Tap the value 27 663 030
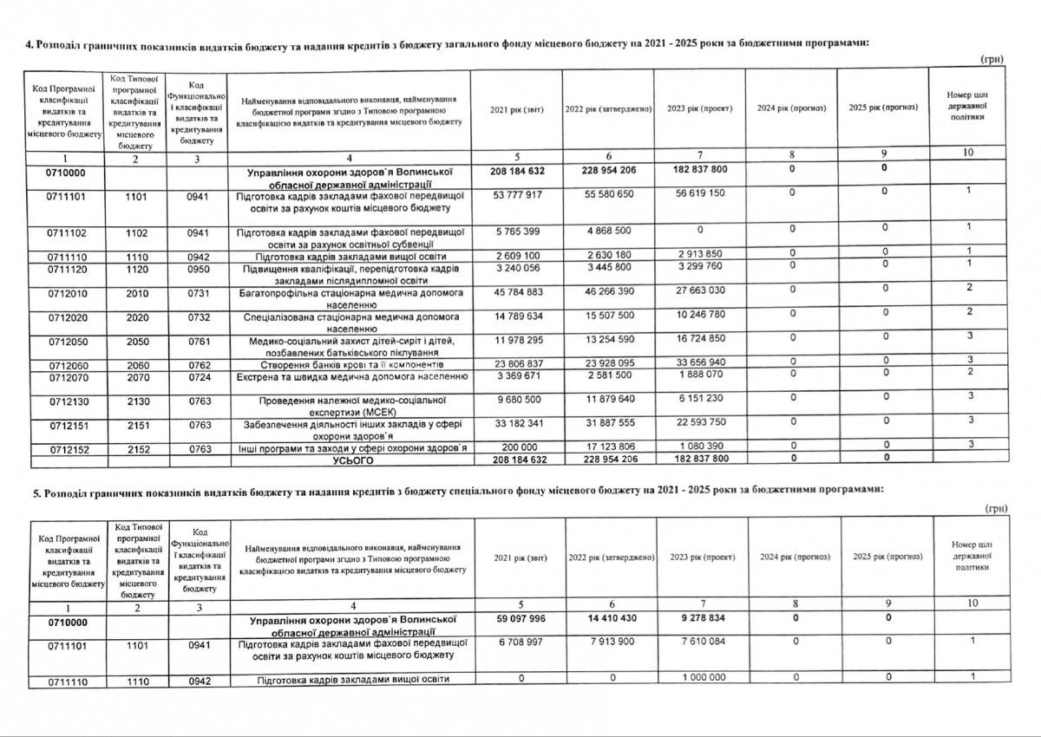tap(701, 287)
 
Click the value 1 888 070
tap(701, 374)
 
